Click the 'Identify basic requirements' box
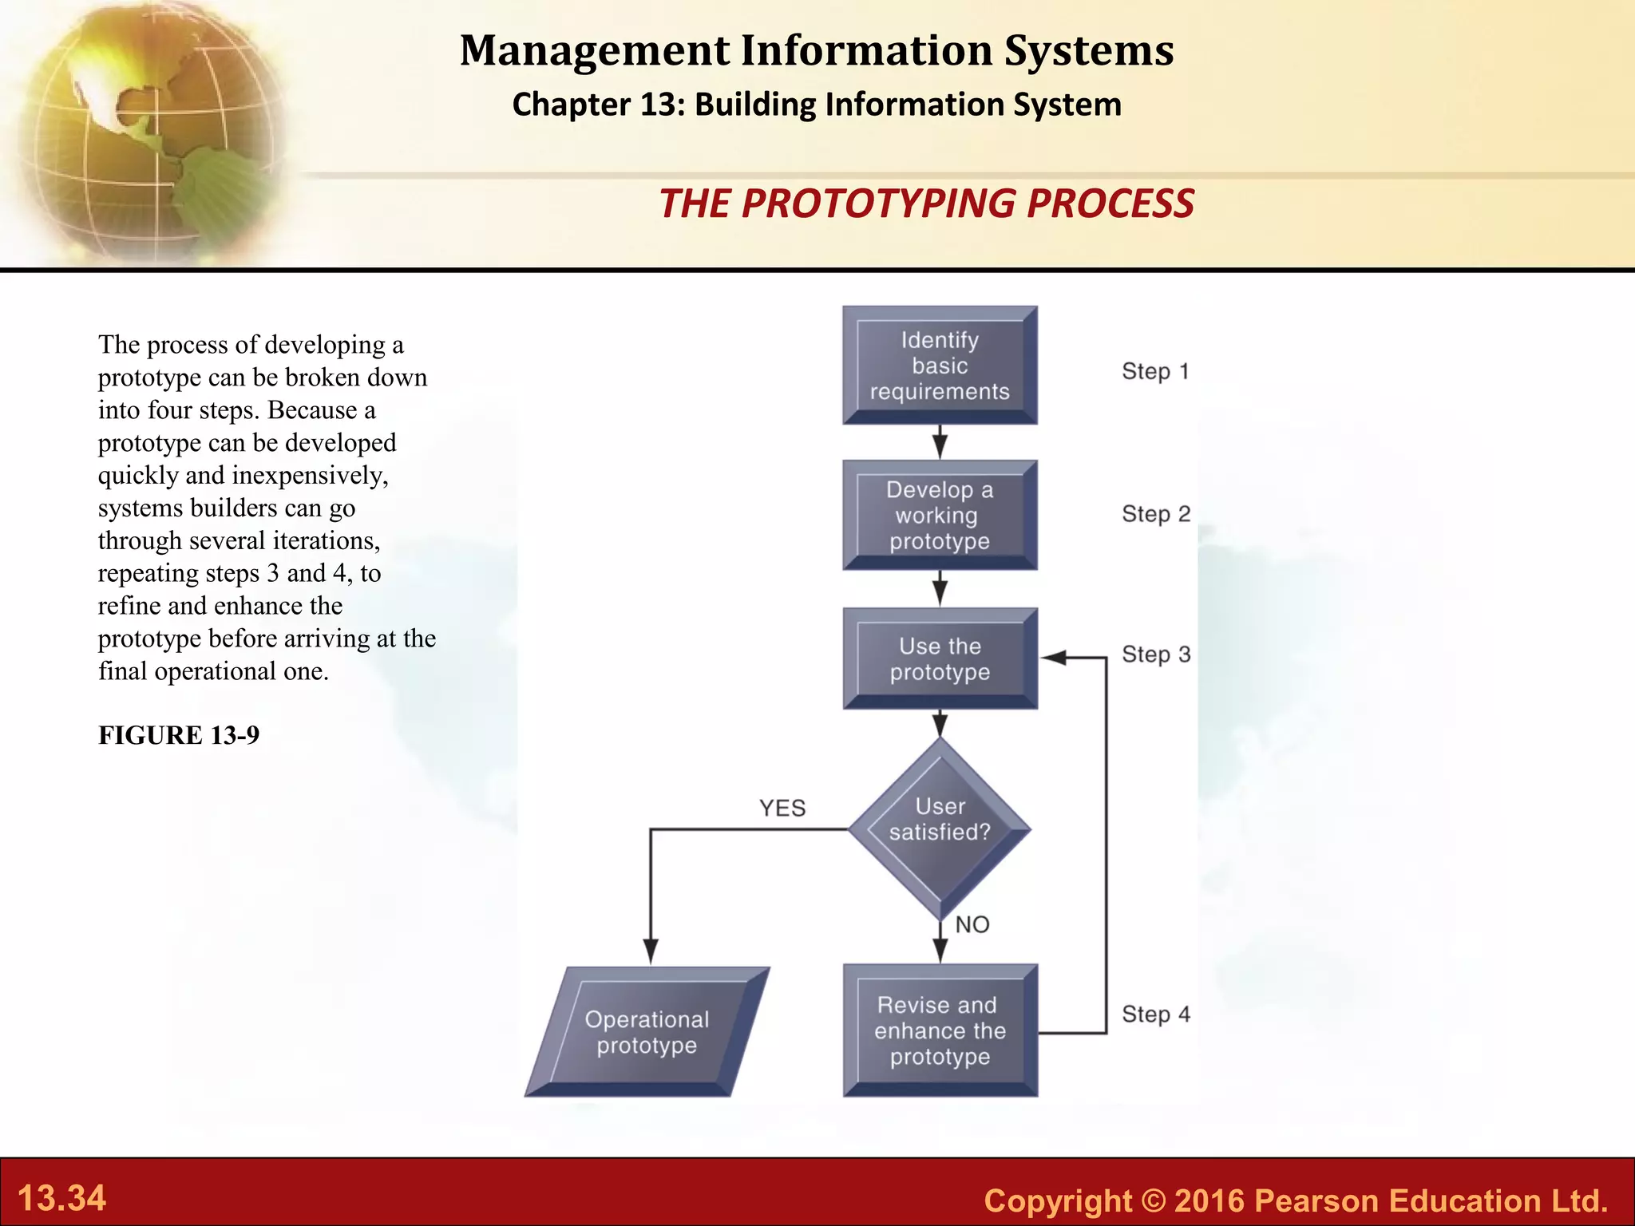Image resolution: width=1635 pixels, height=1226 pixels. click(x=940, y=366)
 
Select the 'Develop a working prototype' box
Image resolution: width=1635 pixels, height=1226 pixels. click(x=940, y=515)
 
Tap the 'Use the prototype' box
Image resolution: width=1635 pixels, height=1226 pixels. click(x=940, y=658)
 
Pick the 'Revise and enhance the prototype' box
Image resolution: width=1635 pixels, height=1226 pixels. click(x=940, y=1030)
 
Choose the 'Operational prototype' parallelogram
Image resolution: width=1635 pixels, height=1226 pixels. click(x=647, y=1031)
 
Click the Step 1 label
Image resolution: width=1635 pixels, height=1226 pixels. click(x=1155, y=371)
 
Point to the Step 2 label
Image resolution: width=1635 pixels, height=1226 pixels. click(x=1155, y=514)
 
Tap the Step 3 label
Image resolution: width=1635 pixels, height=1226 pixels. click(x=1155, y=655)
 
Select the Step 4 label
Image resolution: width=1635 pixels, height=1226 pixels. click(x=1155, y=1014)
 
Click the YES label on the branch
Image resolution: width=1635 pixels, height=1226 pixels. click(x=782, y=808)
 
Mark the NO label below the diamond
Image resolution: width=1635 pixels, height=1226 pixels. click(x=972, y=924)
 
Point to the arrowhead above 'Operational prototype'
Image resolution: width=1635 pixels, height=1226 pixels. click(x=651, y=951)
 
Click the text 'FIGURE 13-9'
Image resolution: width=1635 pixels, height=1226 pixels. click(x=179, y=735)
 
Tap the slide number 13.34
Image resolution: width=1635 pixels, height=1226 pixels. click(x=61, y=1198)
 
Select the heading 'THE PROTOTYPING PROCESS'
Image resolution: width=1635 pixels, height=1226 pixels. click(x=926, y=204)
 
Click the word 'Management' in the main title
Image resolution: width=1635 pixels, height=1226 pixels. click(x=595, y=50)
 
